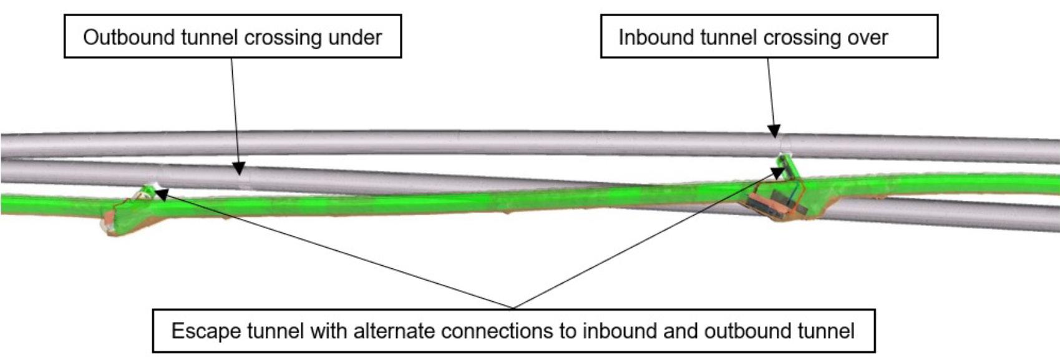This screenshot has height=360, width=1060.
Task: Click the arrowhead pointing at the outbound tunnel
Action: pyautogui.click(x=238, y=168)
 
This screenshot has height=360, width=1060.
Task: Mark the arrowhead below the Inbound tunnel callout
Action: pyautogui.click(x=774, y=131)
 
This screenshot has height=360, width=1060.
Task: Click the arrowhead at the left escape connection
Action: pyautogui.click(x=160, y=195)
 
